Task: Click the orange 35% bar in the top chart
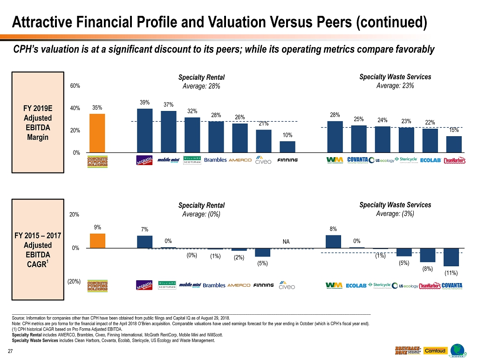click(97, 133)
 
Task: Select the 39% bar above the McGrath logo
click(144, 130)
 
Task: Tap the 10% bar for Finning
click(287, 146)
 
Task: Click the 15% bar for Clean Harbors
click(454, 144)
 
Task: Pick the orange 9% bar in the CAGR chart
click(97, 241)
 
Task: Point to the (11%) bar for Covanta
click(451, 257)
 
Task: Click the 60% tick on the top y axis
click(75, 86)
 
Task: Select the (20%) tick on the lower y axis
click(74, 282)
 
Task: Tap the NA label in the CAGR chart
click(286, 242)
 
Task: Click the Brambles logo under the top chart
click(215, 160)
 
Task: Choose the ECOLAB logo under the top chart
click(431, 160)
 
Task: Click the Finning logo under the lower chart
click(264, 285)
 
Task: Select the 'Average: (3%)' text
click(395, 214)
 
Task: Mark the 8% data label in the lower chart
click(333, 229)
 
